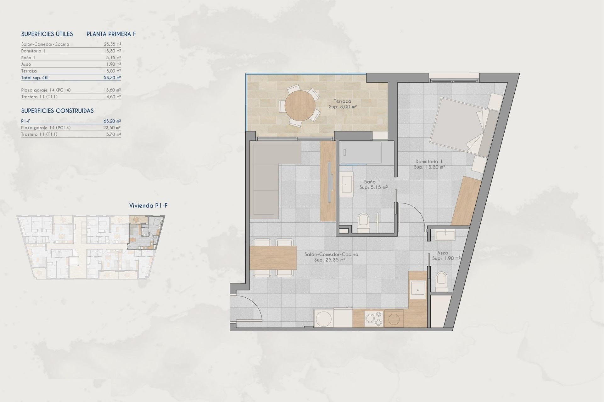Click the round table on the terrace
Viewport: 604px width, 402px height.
tap(300, 106)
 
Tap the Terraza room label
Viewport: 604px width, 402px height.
tap(343, 101)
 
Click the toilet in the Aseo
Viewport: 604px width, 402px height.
tap(442, 281)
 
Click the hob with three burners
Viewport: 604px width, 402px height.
tap(374, 319)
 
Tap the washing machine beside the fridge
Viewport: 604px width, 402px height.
tap(323, 319)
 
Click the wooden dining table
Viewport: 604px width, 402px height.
tap(273, 258)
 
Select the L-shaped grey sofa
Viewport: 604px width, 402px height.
tap(266, 176)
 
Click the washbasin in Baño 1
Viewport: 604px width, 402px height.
tap(346, 184)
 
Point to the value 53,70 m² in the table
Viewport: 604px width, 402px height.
tap(112, 78)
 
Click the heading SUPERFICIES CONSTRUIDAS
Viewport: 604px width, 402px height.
tap(57, 111)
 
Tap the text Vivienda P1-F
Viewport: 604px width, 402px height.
tap(148, 206)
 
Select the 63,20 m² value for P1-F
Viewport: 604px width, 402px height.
tap(112, 121)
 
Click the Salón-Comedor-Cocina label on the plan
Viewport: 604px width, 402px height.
tap(331, 254)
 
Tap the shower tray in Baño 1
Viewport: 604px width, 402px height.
tap(361, 153)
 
